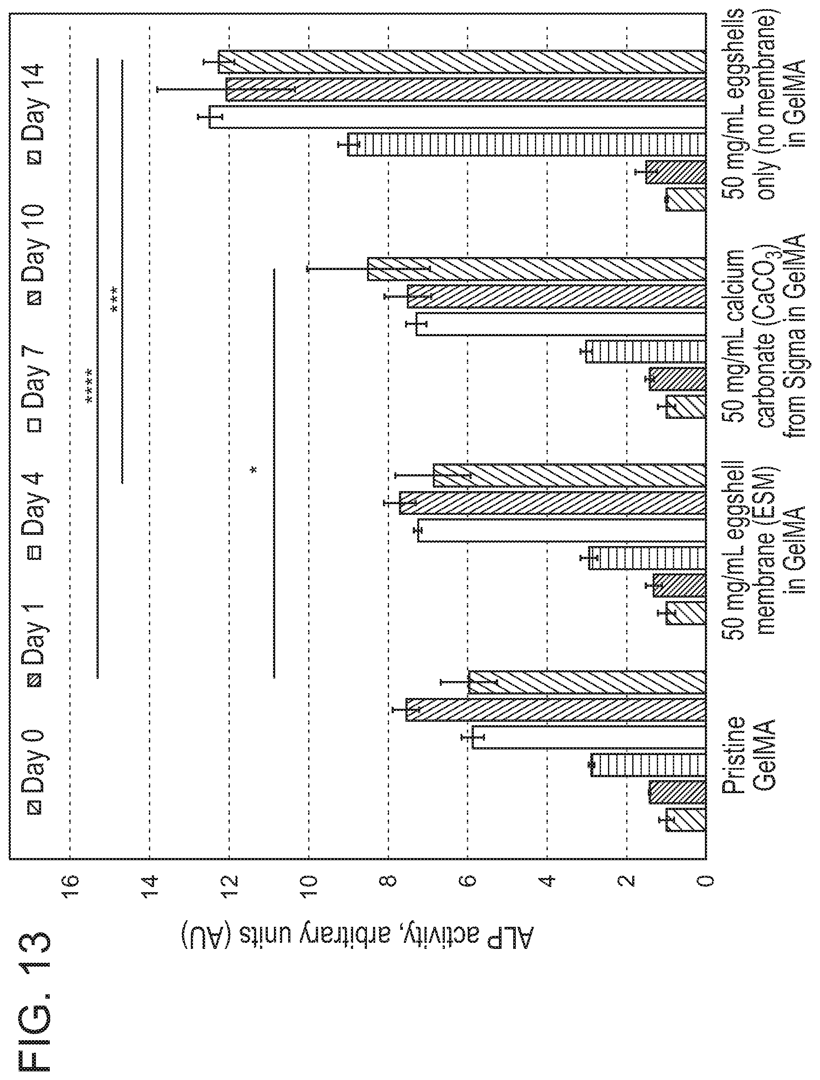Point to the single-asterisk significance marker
pyautogui.click(x=253, y=470)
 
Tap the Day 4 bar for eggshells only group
pyautogui.click(x=527, y=145)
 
